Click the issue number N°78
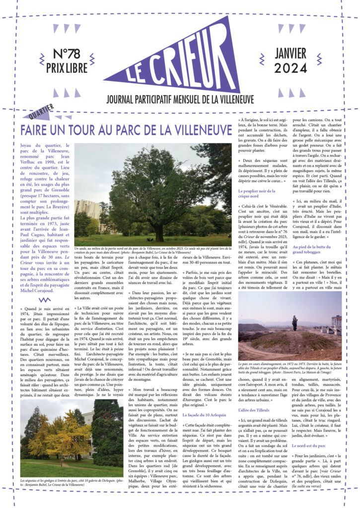tap(67, 55)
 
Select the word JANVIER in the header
tap(290, 54)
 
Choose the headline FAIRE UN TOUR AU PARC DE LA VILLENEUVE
tap(126, 130)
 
